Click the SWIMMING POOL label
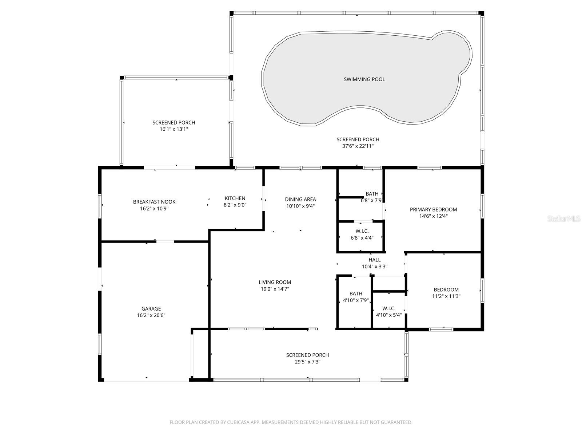(x=364, y=79)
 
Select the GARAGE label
(x=151, y=309)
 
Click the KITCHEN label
(x=235, y=198)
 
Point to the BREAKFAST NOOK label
(x=154, y=202)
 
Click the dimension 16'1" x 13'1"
(x=174, y=129)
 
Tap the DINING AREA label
(x=300, y=199)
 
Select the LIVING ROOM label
(x=275, y=282)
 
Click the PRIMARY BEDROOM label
(x=433, y=209)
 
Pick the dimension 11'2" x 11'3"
(x=446, y=296)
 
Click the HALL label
(x=374, y=260)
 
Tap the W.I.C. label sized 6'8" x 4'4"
(x=362, y=231)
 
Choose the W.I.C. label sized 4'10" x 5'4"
(x=388, y=308)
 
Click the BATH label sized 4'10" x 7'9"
(x=356, y=294)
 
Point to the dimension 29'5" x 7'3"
(x=307, y=362)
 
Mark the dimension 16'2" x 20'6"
(x=151, y=316)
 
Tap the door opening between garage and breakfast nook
(x=165, y=241)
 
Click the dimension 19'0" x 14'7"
(x=275, y=289)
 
